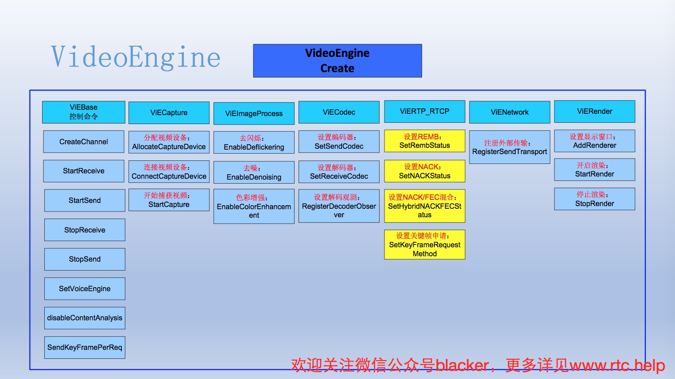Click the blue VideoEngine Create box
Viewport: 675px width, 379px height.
337,60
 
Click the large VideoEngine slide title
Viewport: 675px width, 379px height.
136,57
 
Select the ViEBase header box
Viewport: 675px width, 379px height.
84,112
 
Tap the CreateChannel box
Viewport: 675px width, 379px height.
84,142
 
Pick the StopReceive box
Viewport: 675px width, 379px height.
85,230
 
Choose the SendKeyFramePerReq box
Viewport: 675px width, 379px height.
85,347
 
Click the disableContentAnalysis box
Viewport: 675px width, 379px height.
85,318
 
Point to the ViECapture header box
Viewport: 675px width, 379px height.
169,112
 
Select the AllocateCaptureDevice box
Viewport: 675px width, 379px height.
169,142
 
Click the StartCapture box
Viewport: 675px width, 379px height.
169,200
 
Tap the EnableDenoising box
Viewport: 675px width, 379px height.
254,172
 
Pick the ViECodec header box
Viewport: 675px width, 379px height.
339,112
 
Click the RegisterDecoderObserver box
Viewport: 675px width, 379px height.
339,206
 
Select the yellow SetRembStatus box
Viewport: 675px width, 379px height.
424,141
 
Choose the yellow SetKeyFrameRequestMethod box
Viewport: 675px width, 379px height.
424,245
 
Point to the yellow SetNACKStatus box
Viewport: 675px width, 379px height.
424,171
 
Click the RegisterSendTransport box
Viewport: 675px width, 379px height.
509,147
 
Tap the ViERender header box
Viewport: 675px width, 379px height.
594,112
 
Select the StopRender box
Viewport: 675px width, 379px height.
594,199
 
